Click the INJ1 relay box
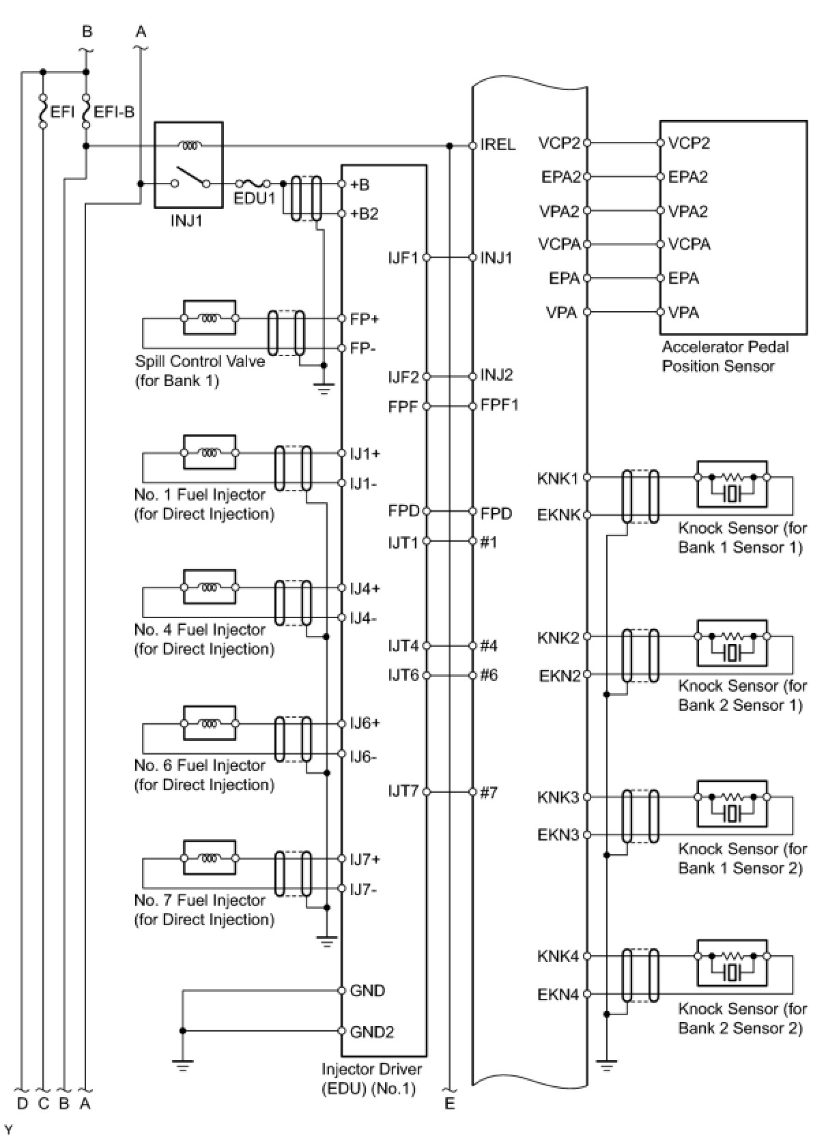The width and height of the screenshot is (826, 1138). (188, 164)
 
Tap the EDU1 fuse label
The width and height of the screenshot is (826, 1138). (255, 199)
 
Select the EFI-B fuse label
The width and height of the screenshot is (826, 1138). (114, 112)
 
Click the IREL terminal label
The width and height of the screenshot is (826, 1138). (498, 145)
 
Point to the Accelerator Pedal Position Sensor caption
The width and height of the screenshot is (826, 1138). (724, 356)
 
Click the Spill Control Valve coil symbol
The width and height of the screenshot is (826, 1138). (210, 317)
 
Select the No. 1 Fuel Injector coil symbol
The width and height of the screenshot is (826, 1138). (210, 452)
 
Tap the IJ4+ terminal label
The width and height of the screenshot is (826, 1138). (365, 588)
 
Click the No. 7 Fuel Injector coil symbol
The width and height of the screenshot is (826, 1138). (210, 858)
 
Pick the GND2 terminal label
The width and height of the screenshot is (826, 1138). (371, 1032)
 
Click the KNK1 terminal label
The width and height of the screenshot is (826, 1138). (557, 478)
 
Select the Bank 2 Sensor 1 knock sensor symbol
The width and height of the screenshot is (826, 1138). (732, 643)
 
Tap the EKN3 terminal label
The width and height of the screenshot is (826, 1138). (558, 834)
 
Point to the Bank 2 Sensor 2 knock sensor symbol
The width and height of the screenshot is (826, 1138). (732, 963)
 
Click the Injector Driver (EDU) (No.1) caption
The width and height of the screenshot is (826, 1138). (371, 1079)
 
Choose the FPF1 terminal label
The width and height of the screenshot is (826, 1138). (499, 405)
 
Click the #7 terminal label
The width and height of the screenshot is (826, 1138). (489, 792)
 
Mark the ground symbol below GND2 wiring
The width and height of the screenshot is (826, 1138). (182, 1064)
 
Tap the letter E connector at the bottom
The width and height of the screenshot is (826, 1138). (449, 1103)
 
